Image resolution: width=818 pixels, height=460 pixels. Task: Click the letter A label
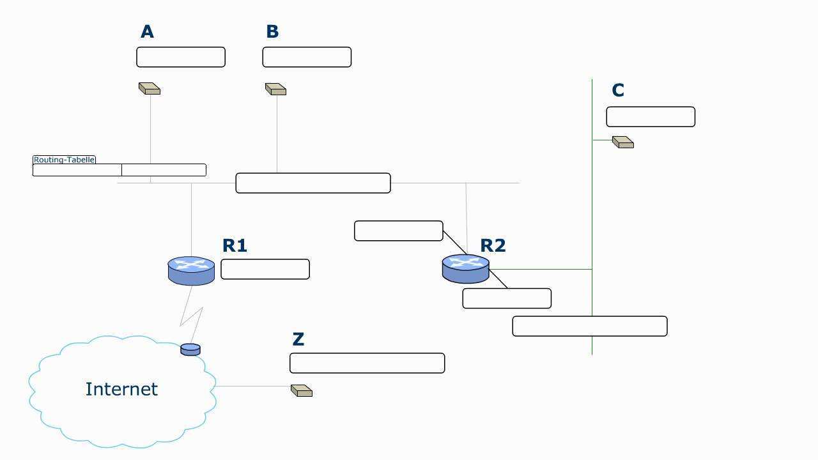click(x=147, y=32)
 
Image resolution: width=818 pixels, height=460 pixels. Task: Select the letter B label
click(x=272, y=32)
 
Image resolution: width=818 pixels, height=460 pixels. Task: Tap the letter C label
click(x=617, y=91)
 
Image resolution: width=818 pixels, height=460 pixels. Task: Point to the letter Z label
click(x=298, y=340)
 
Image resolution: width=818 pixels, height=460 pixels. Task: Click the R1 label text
click(x=235, y=245)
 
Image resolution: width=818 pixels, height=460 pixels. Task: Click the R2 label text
click(x=493, y=245)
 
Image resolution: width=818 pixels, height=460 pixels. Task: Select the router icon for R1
click(x=191, y=270)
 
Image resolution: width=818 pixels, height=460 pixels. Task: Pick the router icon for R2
click(x=465, y=268)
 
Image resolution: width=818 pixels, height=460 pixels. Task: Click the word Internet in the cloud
click(x=121, y=389)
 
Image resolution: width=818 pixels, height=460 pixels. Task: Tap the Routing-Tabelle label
click(x=64, y=160)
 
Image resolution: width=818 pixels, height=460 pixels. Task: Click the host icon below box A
click(x=150, y=89)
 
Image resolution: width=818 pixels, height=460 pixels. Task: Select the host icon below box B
click(x=275, y=89)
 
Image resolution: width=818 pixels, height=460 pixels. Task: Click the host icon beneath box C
click(x=623, y=142)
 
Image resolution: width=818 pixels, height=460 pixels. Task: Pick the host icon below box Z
click(x=302, y=390)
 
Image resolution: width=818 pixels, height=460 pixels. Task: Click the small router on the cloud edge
click(x=190, y=349)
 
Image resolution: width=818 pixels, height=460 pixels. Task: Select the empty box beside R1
click(x=265, y=269)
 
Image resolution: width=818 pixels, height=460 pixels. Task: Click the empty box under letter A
click(x=181, y=57)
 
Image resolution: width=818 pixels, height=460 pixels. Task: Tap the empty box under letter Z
click(x=367, y=363)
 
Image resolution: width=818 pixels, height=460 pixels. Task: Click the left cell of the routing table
click(x=77, y=170)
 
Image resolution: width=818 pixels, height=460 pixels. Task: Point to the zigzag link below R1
click(x=192, y=310)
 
